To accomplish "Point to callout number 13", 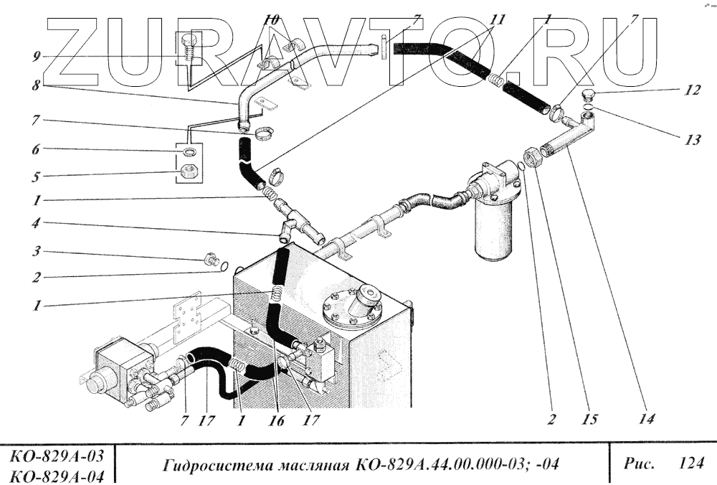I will coord(671,141).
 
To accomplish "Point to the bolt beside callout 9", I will coord(191,50).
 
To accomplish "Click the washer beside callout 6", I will coord(189,151).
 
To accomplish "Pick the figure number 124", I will coord(690,463).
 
